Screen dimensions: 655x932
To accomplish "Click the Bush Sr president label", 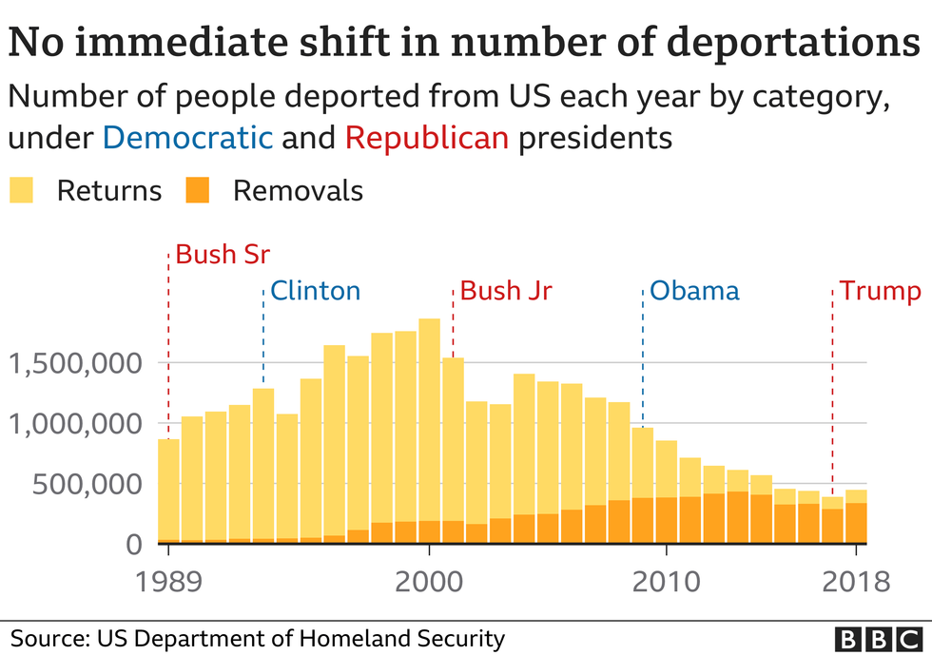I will point(223,255).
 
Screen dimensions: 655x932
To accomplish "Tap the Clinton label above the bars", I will point(315,290).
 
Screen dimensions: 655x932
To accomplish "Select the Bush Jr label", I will point(506,290).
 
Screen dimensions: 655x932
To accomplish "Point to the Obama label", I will point(693,290).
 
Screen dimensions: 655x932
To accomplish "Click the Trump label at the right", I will point(880,290).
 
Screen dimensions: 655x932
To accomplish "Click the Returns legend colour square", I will point(21,190).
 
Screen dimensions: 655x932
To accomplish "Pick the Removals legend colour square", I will point(197,190).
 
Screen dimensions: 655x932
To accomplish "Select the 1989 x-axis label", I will point(168,581).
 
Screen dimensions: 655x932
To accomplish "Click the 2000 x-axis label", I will point(429,581).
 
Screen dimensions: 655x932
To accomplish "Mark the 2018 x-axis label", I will point(856,581).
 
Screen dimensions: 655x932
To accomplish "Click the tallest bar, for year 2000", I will point(429,428).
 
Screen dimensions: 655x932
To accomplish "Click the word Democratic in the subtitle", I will point(187,138).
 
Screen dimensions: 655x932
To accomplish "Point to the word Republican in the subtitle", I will point(427,138).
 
